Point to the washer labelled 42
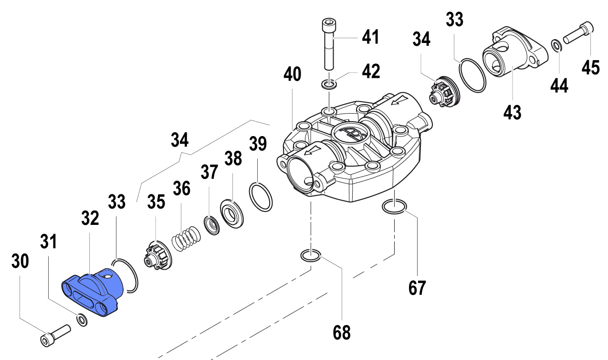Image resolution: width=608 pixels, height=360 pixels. pyautogui.click(x=329, y=85)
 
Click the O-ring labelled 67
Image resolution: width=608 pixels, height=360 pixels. pyautogui.click(x=394, y=207)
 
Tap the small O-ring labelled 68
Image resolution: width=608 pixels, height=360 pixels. pyautogui.click(x=310, y=256)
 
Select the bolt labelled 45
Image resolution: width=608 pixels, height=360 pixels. pyautogui.click(x=579, y=33)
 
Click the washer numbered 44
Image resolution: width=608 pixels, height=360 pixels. pyautogui.click(x=556, y=46)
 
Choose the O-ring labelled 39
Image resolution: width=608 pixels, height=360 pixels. pyautogui.click(x=261, y=197)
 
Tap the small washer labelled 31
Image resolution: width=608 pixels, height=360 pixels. pyautogui.click(x=82, y=319)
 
